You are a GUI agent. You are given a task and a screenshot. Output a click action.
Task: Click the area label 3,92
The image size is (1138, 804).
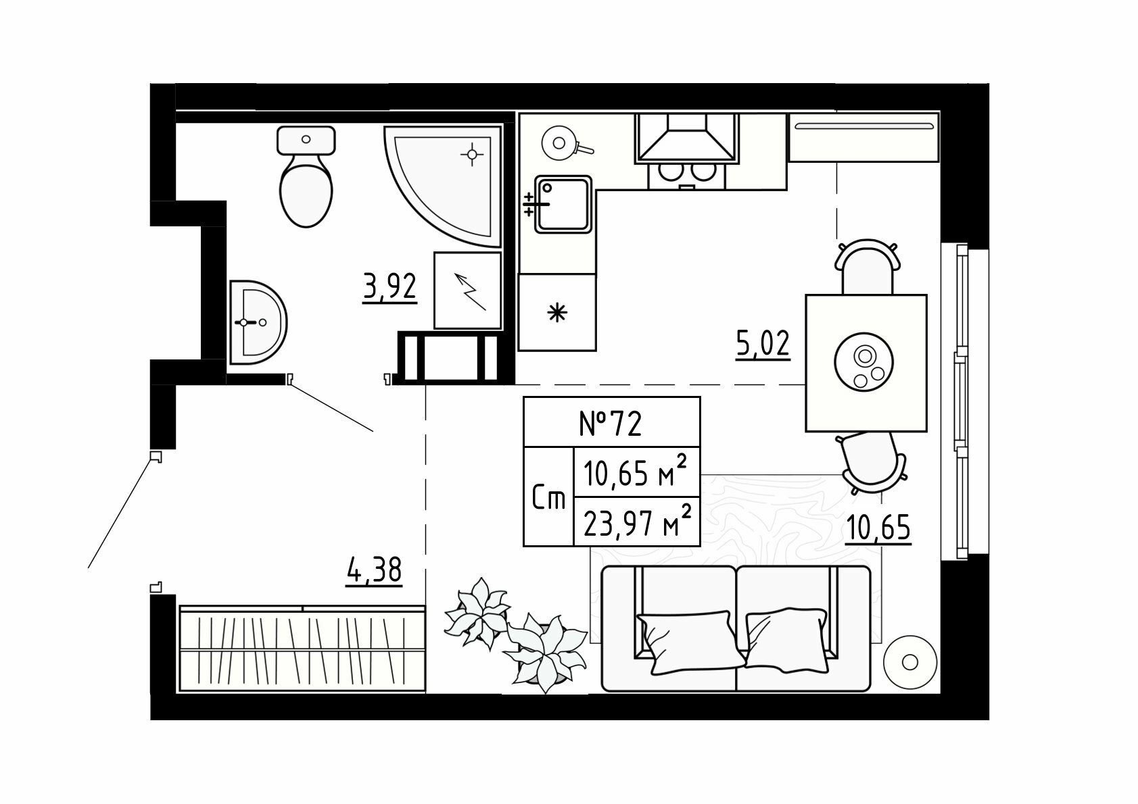tap(389, 288)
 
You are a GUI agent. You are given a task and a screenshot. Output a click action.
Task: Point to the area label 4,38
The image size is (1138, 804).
tap(374, 572)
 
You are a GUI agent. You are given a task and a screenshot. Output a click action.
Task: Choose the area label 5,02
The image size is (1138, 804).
tap(763, 345)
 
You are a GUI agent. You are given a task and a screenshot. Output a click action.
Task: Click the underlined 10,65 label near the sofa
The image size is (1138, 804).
tap(878, 528)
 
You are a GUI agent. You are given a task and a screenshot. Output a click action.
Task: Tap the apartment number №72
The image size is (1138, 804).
tap(611, 423)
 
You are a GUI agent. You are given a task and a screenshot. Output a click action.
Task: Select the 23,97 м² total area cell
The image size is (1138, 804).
tap(636, 522)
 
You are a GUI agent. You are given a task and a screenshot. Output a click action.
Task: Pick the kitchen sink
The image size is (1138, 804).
tap(564, 204)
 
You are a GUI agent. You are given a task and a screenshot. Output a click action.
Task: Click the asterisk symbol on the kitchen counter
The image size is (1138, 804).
tap(556, 312)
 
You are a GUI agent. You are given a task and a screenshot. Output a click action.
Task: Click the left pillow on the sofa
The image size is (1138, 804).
tap(685, 642)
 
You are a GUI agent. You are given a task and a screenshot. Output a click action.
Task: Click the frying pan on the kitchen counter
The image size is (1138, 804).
tap(561, 143)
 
